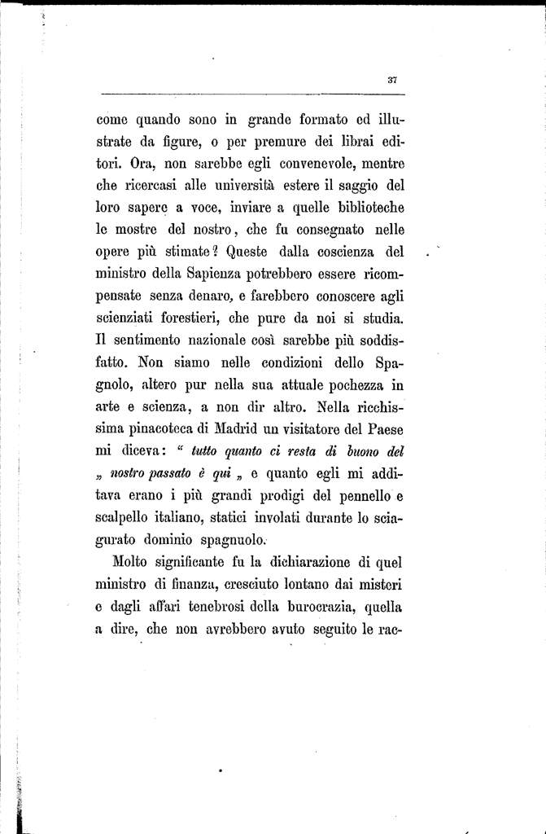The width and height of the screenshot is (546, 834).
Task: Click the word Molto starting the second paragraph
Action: [x=132, y=561]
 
